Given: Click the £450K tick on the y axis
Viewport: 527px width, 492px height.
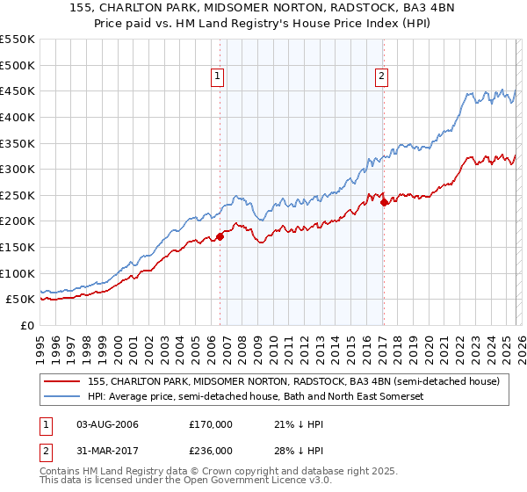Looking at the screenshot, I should click(18, 90).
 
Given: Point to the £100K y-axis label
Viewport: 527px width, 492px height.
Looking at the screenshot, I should click(18, 273).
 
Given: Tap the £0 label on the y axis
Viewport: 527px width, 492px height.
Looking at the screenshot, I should click(25, 325).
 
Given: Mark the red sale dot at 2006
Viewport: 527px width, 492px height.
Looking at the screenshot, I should click(220, 235).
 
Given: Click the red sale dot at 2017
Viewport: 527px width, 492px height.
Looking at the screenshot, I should click(385, 202).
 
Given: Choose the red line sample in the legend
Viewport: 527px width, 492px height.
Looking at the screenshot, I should click(62, 381).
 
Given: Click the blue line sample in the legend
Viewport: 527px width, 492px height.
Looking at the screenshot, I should click(62, 397).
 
